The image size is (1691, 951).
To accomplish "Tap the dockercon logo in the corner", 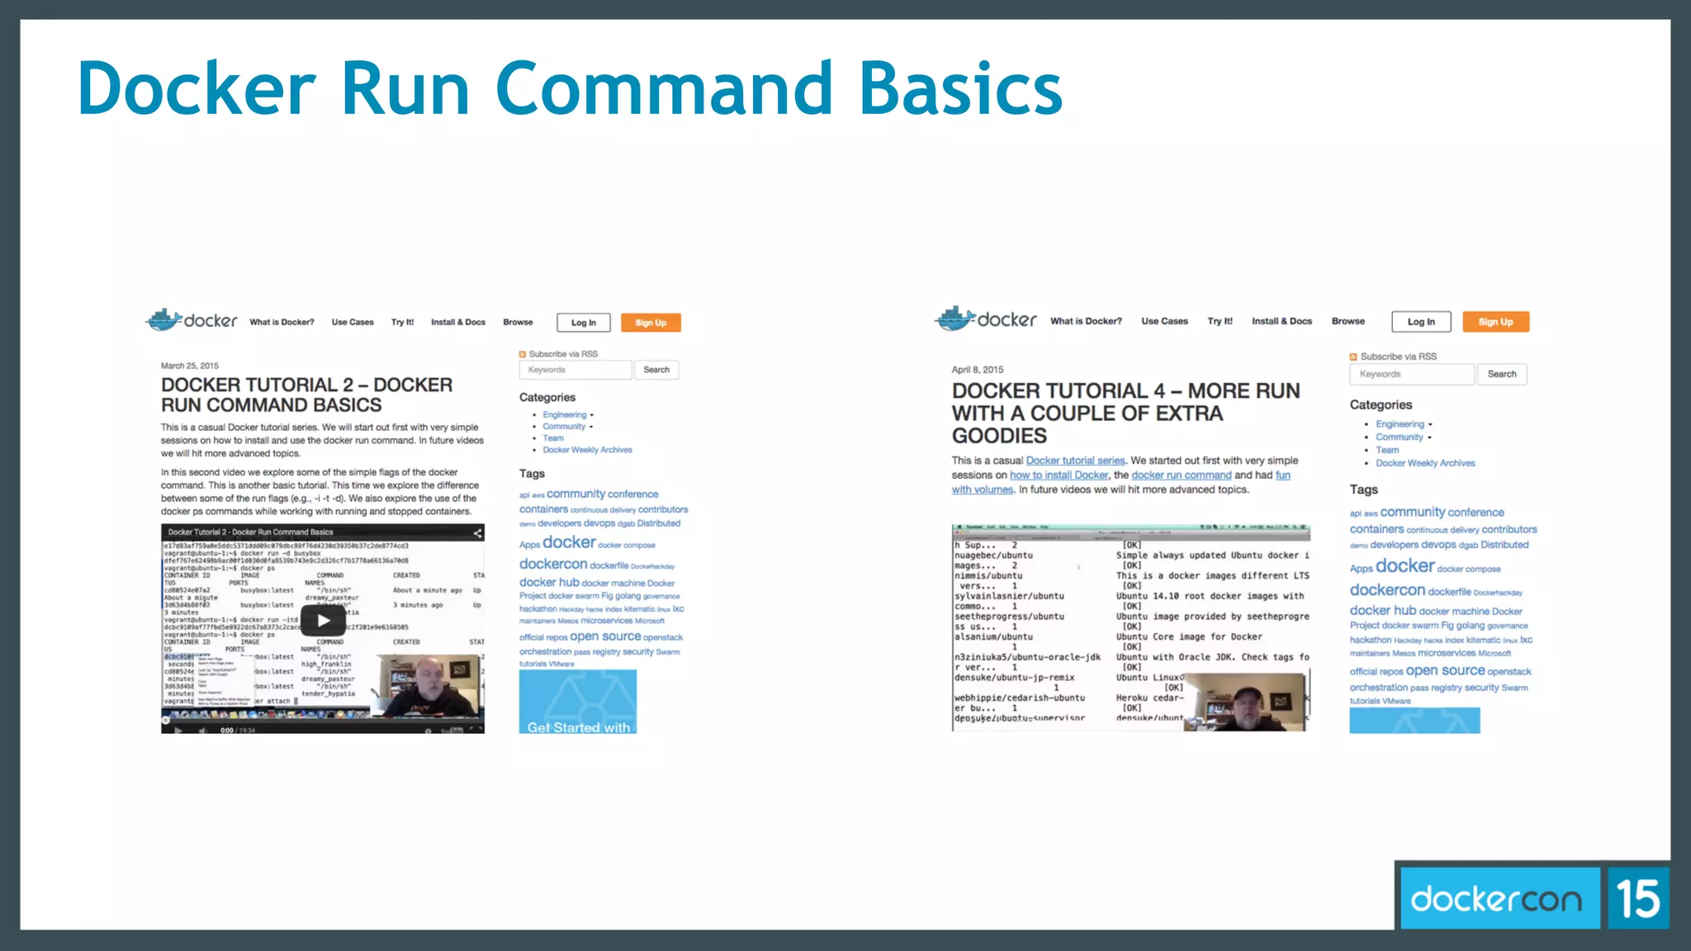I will pos(1496,898).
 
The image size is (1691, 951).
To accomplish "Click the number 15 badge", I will pos(1638,898).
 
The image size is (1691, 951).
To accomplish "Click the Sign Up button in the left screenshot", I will pos(651,323).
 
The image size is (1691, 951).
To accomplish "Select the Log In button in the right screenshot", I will pos(1421,322).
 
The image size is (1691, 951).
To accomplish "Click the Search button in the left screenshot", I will pos(656,370).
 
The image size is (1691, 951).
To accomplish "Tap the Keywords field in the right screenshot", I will pos(1411,374).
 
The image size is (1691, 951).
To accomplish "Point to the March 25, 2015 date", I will pos(190,366).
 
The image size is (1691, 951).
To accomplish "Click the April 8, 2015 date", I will pos(978,370).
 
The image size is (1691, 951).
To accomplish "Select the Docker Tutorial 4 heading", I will pos(1125,413).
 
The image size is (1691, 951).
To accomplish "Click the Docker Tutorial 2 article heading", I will pos(306,395).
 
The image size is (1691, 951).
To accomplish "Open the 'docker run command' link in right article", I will pos(1181,475).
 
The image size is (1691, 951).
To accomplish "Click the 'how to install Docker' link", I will pos(1059,475).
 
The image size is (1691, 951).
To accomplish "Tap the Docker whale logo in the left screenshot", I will pos(164,319).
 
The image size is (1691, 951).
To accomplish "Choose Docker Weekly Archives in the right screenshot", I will pos(1425,463).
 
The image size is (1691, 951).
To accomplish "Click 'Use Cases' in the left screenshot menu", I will pos(353,323).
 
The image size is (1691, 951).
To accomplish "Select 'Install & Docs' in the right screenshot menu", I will pos(1281,321).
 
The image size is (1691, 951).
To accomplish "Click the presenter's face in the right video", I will pos(1247,698).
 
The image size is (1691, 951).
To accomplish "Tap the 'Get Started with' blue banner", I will pos(578,703).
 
